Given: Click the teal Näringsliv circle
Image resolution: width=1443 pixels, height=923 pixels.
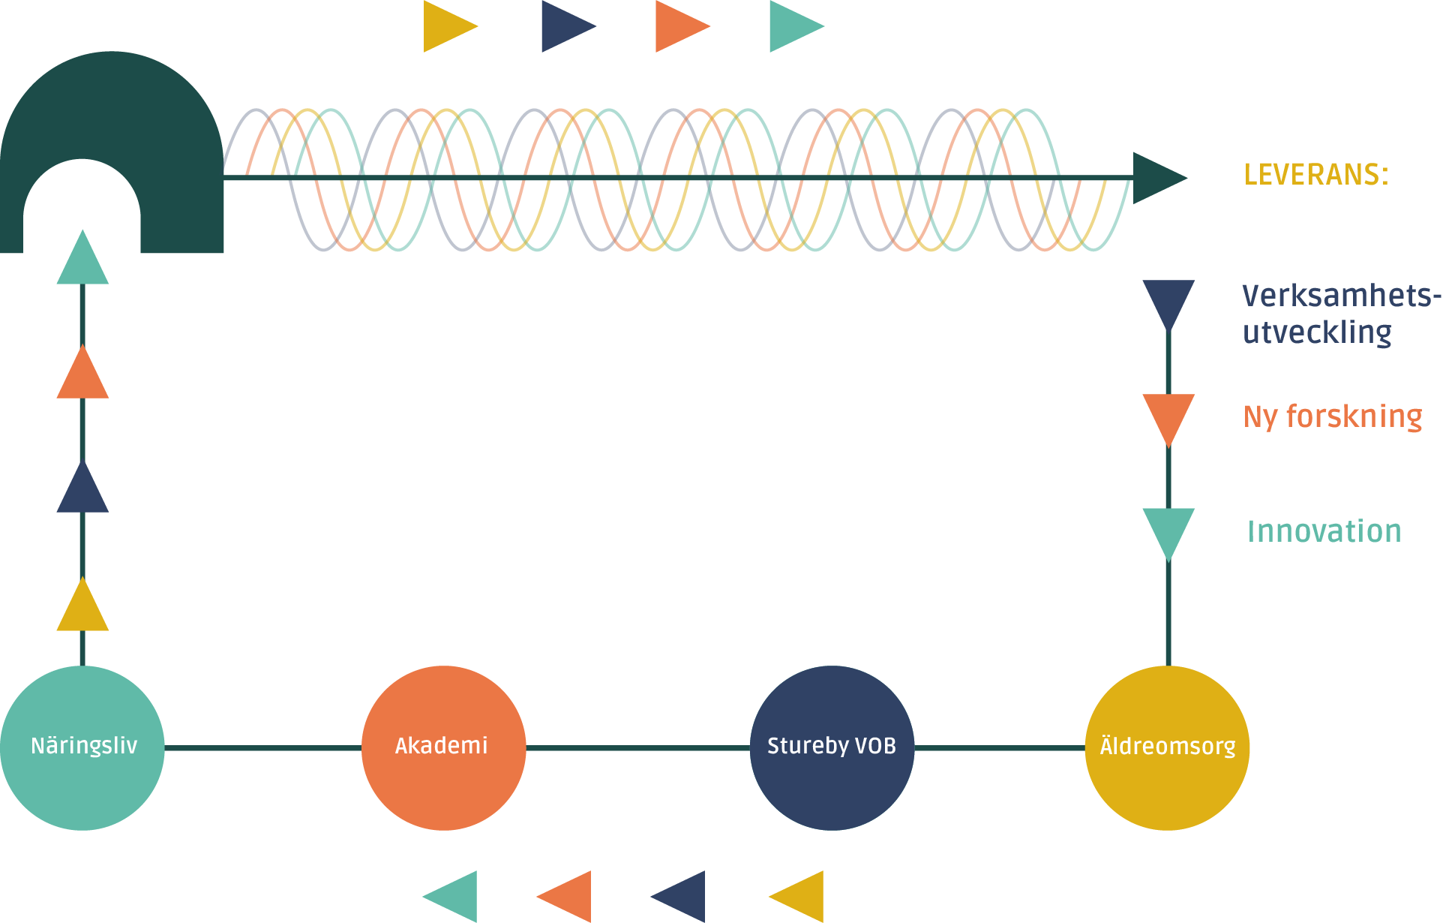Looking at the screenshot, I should (82, 747).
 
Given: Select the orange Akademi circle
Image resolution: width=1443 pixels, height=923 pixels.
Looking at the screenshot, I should (443, 747).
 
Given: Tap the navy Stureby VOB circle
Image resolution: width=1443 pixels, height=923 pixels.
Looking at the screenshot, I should (832, 747).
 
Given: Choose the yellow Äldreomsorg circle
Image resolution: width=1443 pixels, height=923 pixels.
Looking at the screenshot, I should (1167, 747).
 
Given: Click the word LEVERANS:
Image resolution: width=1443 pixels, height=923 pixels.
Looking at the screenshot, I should (1315, 175).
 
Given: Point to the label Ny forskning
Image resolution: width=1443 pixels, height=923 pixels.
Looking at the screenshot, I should (1332, 417).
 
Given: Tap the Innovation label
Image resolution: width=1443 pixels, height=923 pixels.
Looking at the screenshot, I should (1324, 531).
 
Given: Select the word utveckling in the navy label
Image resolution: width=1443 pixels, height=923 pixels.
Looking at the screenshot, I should (1317, 332).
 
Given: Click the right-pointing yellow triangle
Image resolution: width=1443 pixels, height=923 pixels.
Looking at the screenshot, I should (445, 26).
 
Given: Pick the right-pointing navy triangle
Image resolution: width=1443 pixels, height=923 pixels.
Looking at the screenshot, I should (563, 26).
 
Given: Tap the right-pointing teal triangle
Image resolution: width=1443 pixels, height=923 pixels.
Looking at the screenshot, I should (791, 26).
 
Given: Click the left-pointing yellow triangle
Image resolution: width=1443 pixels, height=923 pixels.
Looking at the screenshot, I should (801, 896).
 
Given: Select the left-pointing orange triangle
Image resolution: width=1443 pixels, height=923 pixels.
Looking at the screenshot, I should (569, 896).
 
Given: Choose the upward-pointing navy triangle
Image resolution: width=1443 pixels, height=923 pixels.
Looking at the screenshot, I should (82, 492).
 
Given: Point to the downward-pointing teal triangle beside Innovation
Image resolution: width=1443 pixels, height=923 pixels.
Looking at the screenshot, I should (1168, 528).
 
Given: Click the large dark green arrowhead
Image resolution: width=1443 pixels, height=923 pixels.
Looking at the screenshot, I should (1156, 178).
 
